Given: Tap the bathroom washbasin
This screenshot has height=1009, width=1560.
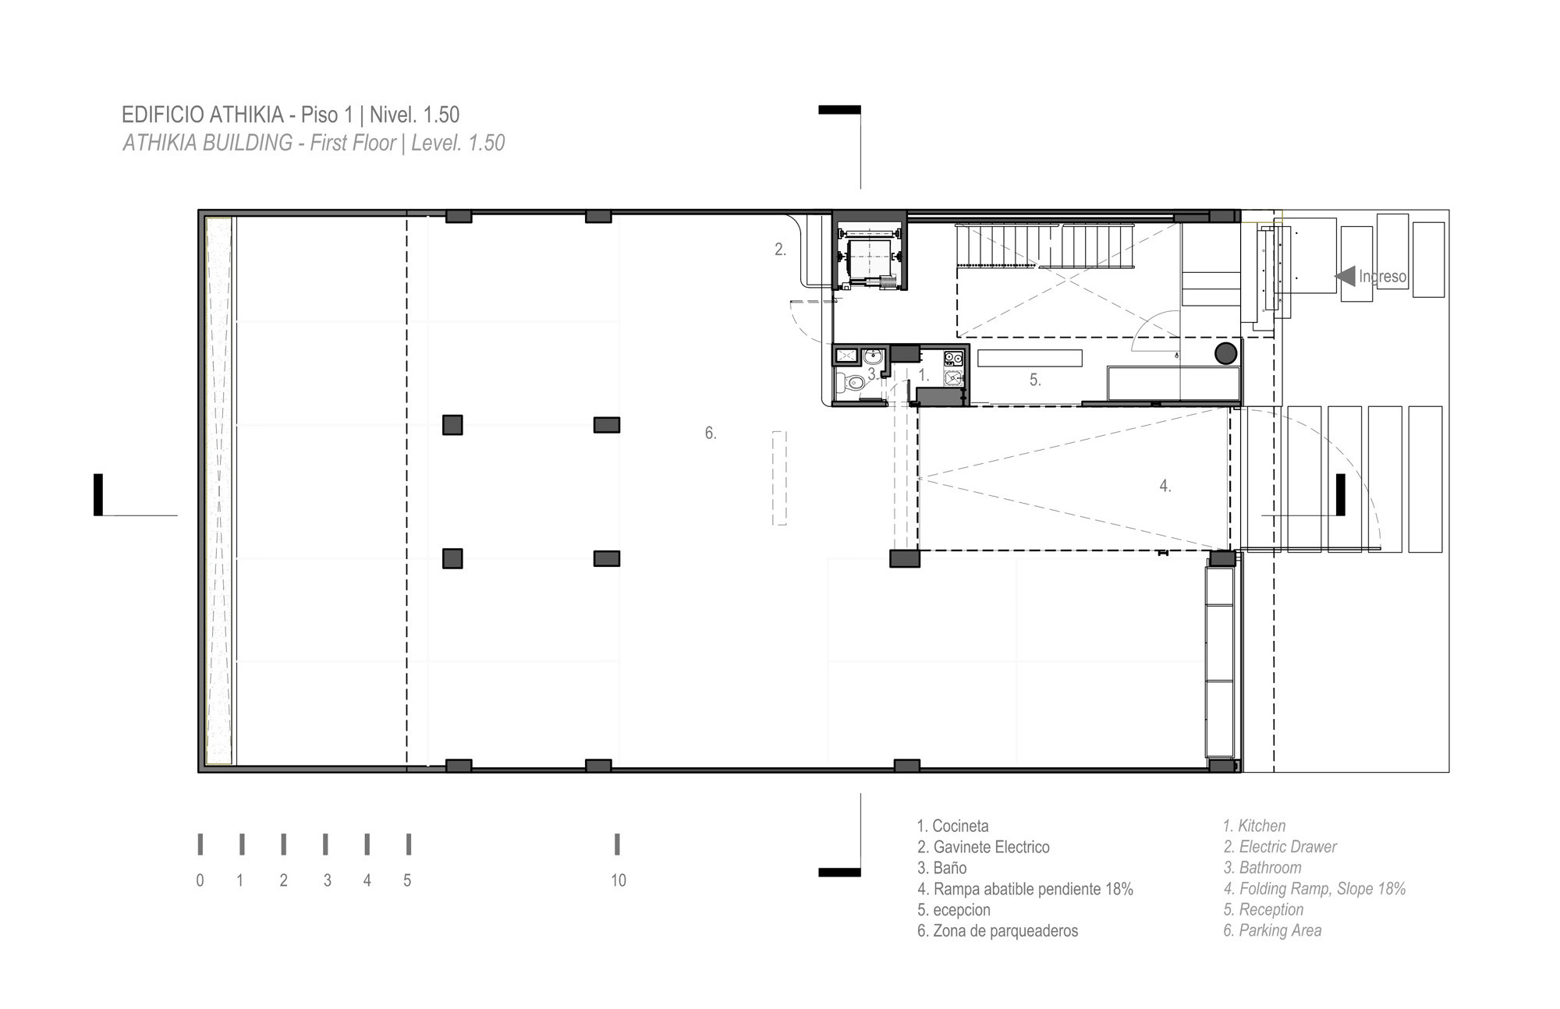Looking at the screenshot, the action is [x=873, y=356].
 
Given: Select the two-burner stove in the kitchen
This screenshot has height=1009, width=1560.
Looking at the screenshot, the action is [x=953, y=359].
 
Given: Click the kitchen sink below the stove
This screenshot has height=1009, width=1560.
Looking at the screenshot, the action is [x=953, y=378].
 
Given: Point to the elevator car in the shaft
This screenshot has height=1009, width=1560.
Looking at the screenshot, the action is [x=869, y=259].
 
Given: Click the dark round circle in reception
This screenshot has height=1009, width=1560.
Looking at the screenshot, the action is [x=1225, y=353].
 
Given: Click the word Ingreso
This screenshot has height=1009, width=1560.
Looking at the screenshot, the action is [x=1382, y=276].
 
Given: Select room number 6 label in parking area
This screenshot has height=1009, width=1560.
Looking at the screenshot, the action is [x=710, y=433].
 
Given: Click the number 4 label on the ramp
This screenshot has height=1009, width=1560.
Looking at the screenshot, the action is [x=1165, y=486].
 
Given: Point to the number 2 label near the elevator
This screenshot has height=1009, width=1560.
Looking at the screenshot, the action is [x=780, y=250].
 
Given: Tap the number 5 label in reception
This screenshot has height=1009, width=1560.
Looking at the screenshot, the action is [x=1035, y=380].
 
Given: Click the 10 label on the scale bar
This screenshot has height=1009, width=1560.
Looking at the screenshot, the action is [x=619, y=880].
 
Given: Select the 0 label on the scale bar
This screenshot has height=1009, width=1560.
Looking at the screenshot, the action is [x=200, y=880].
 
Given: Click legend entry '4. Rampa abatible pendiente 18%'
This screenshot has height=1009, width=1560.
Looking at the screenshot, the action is [x=1025, y=889].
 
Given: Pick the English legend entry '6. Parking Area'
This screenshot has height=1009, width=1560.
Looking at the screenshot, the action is [x=1272, y=930].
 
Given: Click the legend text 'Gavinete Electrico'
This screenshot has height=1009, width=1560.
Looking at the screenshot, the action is [x=991, y=847].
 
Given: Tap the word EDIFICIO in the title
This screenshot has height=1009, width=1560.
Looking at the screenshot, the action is [x=163, y=115].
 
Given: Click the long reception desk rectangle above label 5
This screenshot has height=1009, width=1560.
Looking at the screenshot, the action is [x=1030, y=358].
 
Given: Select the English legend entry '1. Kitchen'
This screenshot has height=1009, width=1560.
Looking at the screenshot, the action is [x=1254, y=826].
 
